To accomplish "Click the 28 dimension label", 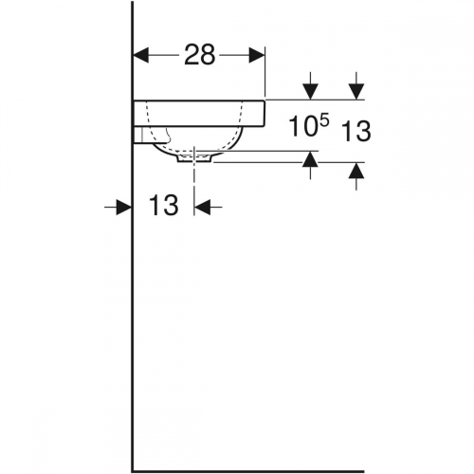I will point(200,55).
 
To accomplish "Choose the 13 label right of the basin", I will point(355,132).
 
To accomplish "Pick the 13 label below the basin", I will point(164,206).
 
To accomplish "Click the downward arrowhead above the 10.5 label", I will point(310,91).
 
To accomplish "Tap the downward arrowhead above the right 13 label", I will point(355,91).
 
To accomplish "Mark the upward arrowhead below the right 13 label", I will point(355,171).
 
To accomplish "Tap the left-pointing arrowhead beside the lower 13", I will point(204,206).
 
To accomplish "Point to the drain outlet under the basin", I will point(195,159).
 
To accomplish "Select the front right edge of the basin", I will point(264,112).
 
